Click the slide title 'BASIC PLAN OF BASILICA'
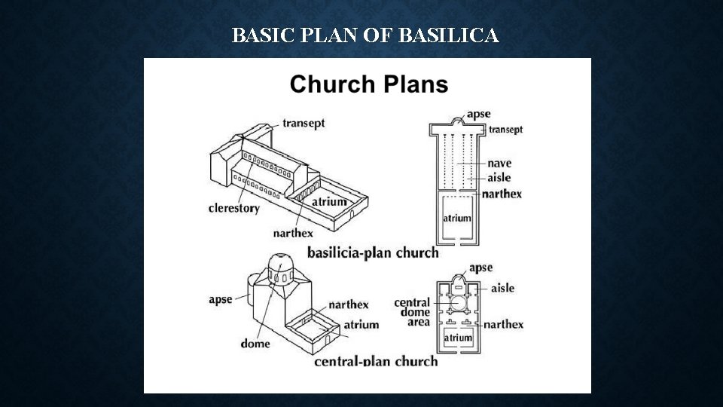[x=365, y=35]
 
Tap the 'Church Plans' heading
[x=369, y=83]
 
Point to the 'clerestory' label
[x=233, y=208]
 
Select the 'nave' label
[x=499, y=163]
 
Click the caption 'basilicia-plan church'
[x=372, y=252]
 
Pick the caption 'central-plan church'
[x=375, y=361]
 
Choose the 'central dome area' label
[x=412, y=312]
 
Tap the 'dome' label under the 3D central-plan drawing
[x=255, y=344]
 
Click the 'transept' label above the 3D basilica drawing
[x=304, y=123]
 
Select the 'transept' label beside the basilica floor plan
[x=505, y=130]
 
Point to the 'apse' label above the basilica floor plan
[x=478, y=114]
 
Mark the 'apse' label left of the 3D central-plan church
[x=221, y=299]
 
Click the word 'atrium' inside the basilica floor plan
[x=456, y=218]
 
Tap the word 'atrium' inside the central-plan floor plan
[x=458, y=338]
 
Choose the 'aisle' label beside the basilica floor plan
[x=499, y=178]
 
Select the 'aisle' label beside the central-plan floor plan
[x=502, y=288]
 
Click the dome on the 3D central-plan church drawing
[x=277, y=264]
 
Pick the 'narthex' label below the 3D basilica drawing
[x=292, y=233]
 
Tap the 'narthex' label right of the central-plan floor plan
[x=503, y=325]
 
